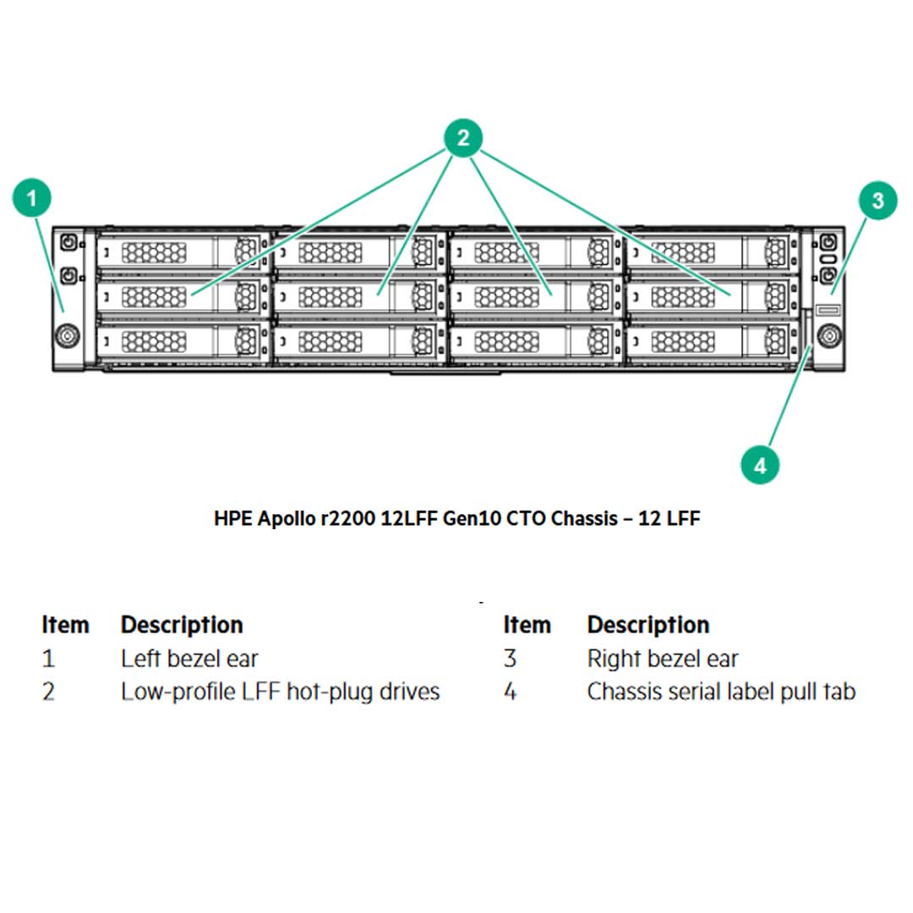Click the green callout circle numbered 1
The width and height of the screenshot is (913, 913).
pyautogui.click(x=32, y=200)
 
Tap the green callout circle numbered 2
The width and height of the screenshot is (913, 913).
pyautogui.click(x=462, y=138)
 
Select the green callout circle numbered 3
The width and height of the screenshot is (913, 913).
pyautogui.click(x=877, y=200)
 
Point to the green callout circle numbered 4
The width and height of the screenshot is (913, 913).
pyautogui.click(x=759, y=464)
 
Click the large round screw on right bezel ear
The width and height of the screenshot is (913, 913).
pyautogui.click(x=828, y=336)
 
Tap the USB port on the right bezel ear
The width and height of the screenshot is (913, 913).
pyautogui.click(x=828, y=310)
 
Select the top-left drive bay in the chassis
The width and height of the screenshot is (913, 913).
pyautogui.click(x=183, y=251)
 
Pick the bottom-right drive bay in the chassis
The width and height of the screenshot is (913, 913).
pyautogui.click(x=712, y=342)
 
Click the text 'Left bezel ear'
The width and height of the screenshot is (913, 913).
pyautogui.click(x=189, y=659)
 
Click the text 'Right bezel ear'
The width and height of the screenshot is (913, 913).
pyautogui.click(x=662, y=659)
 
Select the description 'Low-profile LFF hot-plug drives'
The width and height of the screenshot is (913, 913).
pyautogui.click(x=280, y=692)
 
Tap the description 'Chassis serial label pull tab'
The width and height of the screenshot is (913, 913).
pyautogui.click(x=720, y=692)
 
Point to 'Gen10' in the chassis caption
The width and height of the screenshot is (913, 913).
pyautogui.click(x=474, y=519)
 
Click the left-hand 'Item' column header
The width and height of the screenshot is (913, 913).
pyautogui.click(x=65, y=625)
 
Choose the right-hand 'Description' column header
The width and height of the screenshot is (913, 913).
pyautogui.click(x=648, y=625)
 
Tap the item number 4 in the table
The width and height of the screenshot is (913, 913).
pyautogui.click(x=510, y=692)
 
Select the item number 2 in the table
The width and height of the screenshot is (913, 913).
pyautogui.click(x=48, y=692)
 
